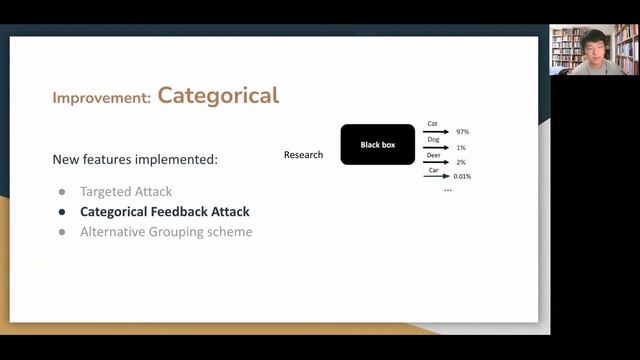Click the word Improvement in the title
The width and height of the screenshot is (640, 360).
pyautogui.click(x=101, y=98)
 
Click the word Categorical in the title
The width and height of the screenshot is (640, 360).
pyautogui.click(x=218, y=96)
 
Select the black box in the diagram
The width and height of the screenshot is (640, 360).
pyautogui.click(x=378, y=145)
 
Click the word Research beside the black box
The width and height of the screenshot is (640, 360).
pyautogui.click(x=304, y=155)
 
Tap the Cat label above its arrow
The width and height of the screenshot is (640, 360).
pyautogui.click(x=433, y=124)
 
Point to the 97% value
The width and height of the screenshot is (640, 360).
pyautogui.click(x=462, y=132)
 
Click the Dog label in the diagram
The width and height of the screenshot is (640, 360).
pyautogui.click(x=433, y=139)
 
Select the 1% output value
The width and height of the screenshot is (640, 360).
pyautogui.click(x=461, y=147)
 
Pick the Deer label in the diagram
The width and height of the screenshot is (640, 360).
pyautogui.click(x=433, y=155)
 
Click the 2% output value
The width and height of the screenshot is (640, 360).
pyautogui.click(x=461, y=162)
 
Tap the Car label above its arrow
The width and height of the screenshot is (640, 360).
pyautogui.click(x=433, y=170)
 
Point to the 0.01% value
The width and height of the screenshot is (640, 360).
pyautogui.click(x=461, y=177)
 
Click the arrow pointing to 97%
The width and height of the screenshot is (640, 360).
pyautogui.click(x=435, y=131)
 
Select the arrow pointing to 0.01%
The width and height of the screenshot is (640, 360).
pyautogui.click(x=435, y=176)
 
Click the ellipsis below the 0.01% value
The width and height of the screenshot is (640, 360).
pyautogui.click(x=447, y=189)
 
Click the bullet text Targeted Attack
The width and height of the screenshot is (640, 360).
pyautogui.click(x=126, y=191)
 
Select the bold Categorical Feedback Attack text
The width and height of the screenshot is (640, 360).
pyautogui.click(x=165, y=212)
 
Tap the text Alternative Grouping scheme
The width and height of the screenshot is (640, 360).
pyautogui.click(x=166, y=232)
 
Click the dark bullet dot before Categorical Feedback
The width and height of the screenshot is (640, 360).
pyautogui.click(x=62, y=212)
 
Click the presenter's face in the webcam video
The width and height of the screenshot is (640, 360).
pyautogui.click(x=593, y=47)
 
